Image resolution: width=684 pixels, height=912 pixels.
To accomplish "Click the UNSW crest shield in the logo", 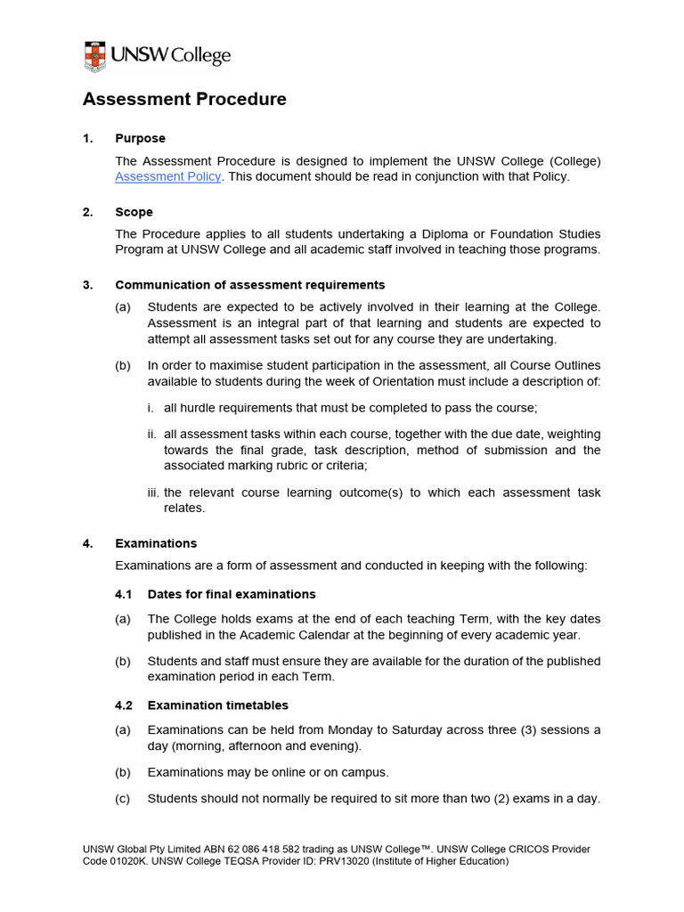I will pos(94,56).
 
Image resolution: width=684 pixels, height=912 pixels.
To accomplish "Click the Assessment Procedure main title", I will pos(184,99).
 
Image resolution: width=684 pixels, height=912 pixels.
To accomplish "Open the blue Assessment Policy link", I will pos(167,176).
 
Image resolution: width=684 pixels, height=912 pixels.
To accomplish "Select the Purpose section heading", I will pos(140,138).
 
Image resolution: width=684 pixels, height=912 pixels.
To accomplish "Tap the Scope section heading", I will pos(134,212).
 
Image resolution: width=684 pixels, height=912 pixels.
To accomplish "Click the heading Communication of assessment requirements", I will pos(249,285).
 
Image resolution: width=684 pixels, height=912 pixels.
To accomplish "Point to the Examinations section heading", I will pos(156,543).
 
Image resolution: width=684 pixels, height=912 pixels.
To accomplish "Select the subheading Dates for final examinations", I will pos(232,594).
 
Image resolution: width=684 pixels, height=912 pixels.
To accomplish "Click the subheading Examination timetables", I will pos(217,705).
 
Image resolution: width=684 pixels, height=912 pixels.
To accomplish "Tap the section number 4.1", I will pos(124,594).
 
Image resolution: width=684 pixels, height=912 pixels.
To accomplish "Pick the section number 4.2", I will pos(124,705).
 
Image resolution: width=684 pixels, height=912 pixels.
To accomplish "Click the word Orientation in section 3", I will pos(488,381).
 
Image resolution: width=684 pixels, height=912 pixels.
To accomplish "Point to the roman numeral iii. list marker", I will pos(152,493).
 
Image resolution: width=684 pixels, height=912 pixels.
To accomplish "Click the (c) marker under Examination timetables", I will pos(122,798).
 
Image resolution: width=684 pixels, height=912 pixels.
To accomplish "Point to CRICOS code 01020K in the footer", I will pos(99,862).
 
